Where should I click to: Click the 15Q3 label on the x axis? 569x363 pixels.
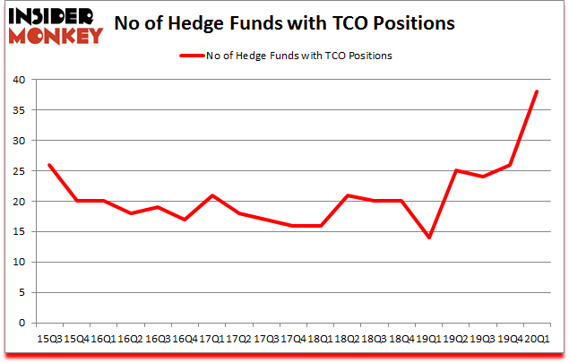pyautogui.click(x=49, y=339)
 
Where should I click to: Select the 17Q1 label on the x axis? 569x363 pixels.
pyautogui.click(x=213, y=339)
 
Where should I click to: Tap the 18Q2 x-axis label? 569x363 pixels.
pyautogui.click(x=347, y=339)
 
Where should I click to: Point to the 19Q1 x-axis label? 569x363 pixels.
pyautogui.click(x=429, y=339)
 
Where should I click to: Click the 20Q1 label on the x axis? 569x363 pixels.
pyautogui.click(x=538, y=339)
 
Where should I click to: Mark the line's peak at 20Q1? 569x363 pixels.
pyautogui.click(x=538, y=91)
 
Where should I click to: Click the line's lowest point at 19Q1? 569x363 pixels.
pyautogui.click(x=429, y=238)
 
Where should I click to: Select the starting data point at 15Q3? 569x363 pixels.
pyautogui.click(x=49, y=165)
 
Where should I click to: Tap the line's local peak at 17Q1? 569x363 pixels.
pyautogui.click(x=213, y=195)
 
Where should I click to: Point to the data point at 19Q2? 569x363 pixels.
pyautogui.click(x=456, y=170)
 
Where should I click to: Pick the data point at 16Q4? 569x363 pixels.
pyautogui.click(x=185, y=220)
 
